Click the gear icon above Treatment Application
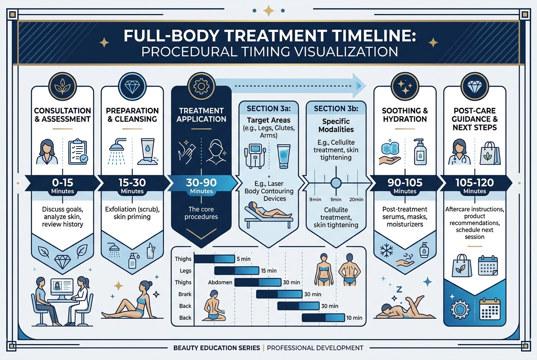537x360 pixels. (201, 86)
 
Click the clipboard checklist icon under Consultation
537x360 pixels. (78, 152)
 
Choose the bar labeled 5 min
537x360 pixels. (214, 259)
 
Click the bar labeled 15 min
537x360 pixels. (237, 271)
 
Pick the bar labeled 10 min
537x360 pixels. (323, 318)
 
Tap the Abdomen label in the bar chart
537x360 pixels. (220, 282)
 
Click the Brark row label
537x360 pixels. (185, 294)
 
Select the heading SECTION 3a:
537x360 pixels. (269, 109)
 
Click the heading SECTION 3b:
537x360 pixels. (336, 109)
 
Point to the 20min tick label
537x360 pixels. (356, 200)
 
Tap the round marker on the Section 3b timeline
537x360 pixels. (336, 183)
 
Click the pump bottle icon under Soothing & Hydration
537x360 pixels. (420, 152)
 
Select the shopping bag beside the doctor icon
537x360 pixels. (490, 153)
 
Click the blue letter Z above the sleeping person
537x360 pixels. (399, 290)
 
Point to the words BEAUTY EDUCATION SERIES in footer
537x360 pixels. (217, 348)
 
